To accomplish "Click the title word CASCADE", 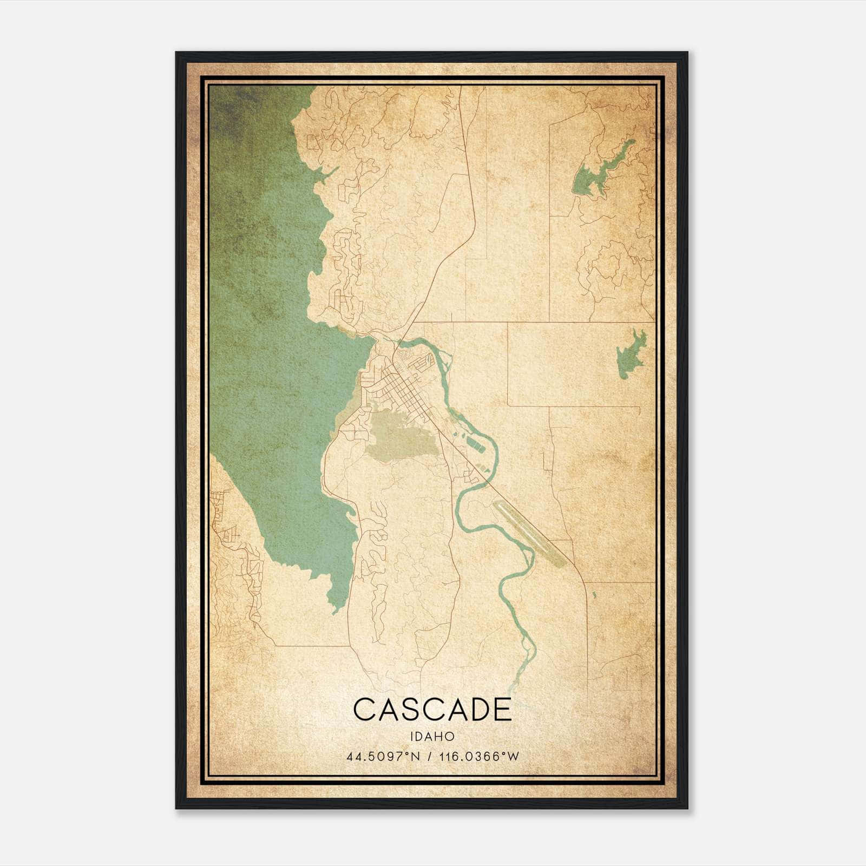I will (x=432, y=710).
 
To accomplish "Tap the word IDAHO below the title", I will (x=432, y=737).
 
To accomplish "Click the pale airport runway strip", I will (x=530, y=534).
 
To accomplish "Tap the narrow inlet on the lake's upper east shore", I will (x=327, y=174).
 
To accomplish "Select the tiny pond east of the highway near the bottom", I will (x=594, y=595).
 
